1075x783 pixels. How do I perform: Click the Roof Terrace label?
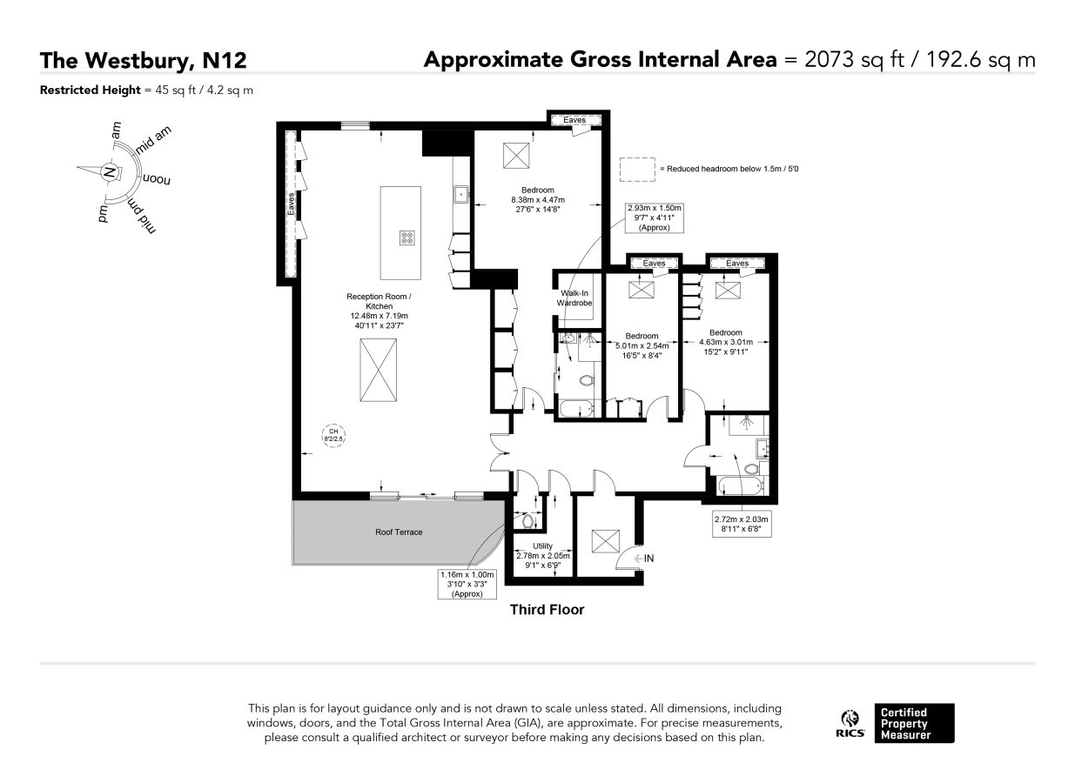(x=399, y=532)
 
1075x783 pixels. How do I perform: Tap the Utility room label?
(x=542, y=546)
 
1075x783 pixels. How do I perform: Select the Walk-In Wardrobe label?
(x=574, y=298)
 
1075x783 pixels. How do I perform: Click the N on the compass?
(x=110, y=171)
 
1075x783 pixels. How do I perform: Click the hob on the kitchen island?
(x=407, y=238)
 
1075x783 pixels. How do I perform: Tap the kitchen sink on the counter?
(x=460, y=194)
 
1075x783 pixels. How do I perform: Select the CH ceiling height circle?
(x=333, y=436)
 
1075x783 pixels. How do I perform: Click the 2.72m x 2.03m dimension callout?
(x=742, y=524)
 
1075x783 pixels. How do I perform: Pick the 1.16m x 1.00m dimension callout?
(x=467, y=584)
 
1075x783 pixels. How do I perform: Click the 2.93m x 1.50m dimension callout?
(x=654, y=217)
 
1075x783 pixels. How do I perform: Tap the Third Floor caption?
(x=548, y=610)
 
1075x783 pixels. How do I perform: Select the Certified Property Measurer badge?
(x=914, y=724)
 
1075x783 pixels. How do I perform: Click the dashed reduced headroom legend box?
(x=637, y=170)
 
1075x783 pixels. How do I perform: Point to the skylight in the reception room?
(x=378, y=370)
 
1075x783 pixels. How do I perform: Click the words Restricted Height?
(x=91, y=90)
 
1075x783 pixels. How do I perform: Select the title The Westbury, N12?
(x=143, y=60)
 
